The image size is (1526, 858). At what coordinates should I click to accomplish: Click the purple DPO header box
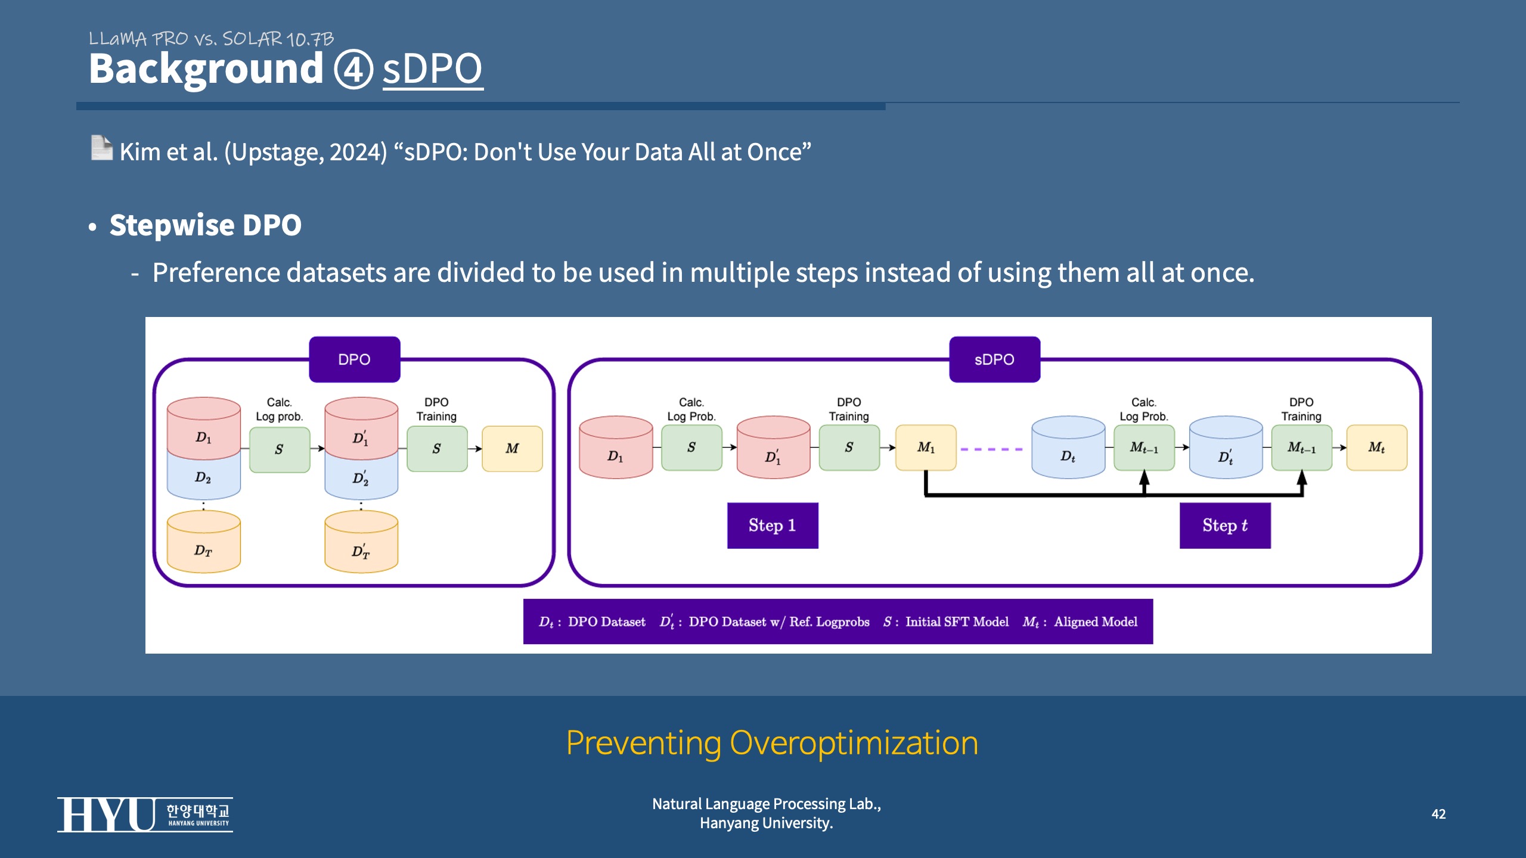(354, 359)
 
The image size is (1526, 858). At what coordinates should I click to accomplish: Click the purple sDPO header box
(994, 359)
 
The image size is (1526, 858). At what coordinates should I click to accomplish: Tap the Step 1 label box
(773, 526)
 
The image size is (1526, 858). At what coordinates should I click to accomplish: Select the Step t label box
(1225, 526)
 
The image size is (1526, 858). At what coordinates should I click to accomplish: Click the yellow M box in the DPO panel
(512, 448)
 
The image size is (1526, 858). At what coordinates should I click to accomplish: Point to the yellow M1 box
(926, 447)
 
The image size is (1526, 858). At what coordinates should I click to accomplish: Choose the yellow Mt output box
(1376, 447)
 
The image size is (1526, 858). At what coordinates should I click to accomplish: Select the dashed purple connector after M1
(992, 449)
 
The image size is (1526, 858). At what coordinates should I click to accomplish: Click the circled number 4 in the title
(353, 69)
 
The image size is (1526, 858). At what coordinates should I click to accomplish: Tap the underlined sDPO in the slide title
(432, 69)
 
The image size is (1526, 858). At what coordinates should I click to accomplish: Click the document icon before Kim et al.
(101, 148)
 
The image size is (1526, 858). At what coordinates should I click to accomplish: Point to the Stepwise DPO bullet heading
(205, 225)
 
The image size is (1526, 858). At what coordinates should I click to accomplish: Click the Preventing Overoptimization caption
(772, 743)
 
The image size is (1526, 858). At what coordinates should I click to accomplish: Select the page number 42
(1438, 814)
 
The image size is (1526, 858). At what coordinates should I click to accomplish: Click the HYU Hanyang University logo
(145, 815)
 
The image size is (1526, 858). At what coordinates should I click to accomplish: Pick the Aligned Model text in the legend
(1096, 621)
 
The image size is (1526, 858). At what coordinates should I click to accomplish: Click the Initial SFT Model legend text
(957, 621)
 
